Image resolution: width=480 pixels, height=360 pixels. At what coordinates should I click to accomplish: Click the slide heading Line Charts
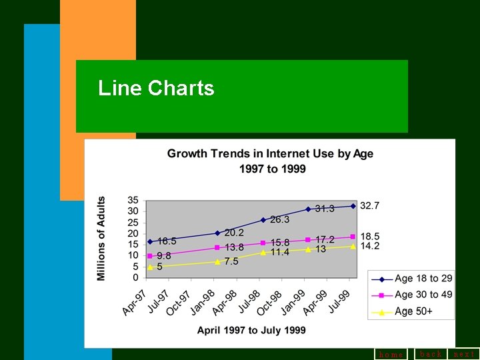pos(156,88)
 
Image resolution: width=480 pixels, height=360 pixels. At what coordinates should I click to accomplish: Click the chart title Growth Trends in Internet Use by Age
pos(270,154)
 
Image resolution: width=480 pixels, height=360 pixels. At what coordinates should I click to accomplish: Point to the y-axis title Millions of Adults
pos(101,238)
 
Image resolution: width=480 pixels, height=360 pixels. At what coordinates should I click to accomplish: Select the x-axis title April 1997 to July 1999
pos(251,330)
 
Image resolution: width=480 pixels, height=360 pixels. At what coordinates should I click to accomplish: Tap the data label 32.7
pos(370,206)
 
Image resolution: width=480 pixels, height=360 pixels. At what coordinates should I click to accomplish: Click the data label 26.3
pos(279,219)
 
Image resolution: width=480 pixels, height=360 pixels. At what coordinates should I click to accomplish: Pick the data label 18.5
pos(370,236)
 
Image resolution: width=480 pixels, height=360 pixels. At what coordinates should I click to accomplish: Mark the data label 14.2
pos(370,246)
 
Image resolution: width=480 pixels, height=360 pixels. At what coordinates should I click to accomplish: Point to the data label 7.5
pos(231,261)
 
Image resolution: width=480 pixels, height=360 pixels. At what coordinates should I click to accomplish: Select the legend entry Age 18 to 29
pos(423,279)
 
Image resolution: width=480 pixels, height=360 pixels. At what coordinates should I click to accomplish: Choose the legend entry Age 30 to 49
pos(423,295)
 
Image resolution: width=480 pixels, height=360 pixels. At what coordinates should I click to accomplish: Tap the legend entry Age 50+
pos(413,311)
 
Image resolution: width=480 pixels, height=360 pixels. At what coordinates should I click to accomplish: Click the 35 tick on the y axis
pos(133,200)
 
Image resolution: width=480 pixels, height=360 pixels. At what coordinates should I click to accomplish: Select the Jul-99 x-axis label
pos(339,302)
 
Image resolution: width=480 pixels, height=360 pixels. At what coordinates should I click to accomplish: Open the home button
pos(391,355)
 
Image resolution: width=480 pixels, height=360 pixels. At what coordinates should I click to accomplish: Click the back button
pos(431,354)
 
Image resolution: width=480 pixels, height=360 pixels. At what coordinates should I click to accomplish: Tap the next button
pos(464,354)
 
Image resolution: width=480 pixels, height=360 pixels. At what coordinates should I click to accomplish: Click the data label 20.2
pos(234,233)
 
